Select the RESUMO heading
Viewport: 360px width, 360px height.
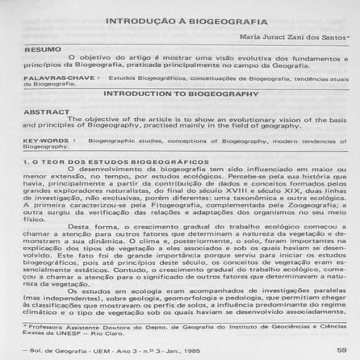pos(29,49)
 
